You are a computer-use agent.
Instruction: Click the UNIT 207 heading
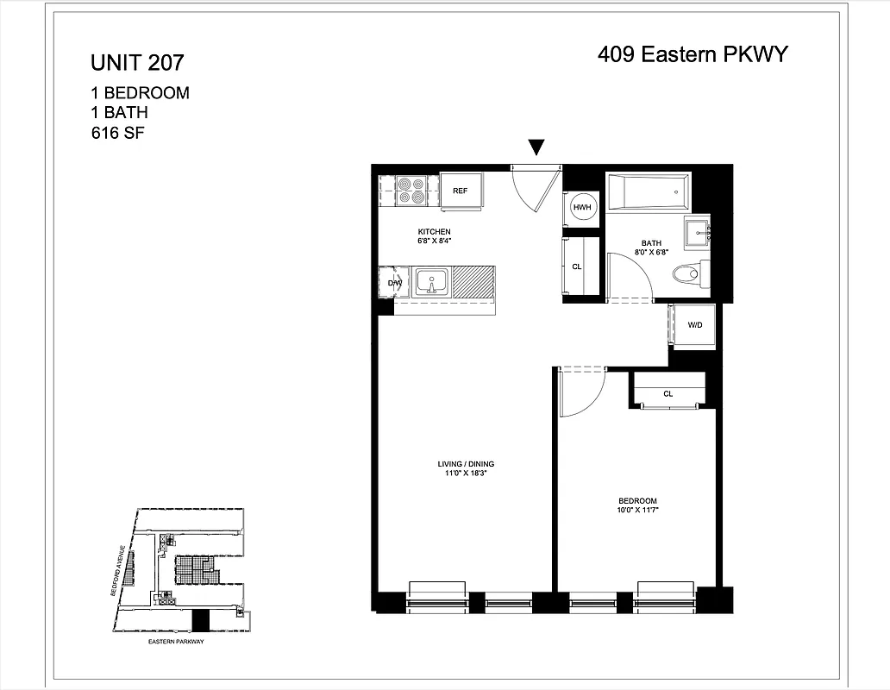coord(137,63)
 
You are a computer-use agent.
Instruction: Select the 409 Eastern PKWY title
coord(693,55)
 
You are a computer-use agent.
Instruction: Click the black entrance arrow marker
coord(536,148)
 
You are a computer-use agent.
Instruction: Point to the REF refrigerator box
coord(461,191)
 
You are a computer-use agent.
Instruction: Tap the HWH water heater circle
coord(582,207)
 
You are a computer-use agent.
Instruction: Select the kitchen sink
coord(431,282)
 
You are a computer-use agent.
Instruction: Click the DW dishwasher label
coord(394,283)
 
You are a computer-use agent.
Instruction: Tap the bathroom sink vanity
coord(697,233)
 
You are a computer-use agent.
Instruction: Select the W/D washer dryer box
coord(693,325)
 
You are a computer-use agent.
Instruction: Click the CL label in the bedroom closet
coord(667,393)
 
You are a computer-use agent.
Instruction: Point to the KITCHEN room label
coord(434,232)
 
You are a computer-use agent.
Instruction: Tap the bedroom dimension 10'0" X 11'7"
coord(637,511)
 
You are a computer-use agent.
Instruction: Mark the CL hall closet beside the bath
coord(577,267)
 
